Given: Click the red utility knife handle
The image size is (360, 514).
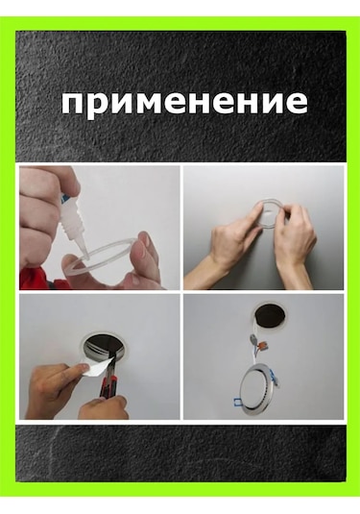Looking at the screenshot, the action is click(x=106, y=387).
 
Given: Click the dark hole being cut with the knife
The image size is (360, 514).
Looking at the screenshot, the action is click(x=103, y=352).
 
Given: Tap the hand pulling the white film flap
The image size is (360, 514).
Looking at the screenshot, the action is click(x=55, y=387).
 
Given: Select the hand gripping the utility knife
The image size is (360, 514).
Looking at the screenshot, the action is click(x=102, y=407).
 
